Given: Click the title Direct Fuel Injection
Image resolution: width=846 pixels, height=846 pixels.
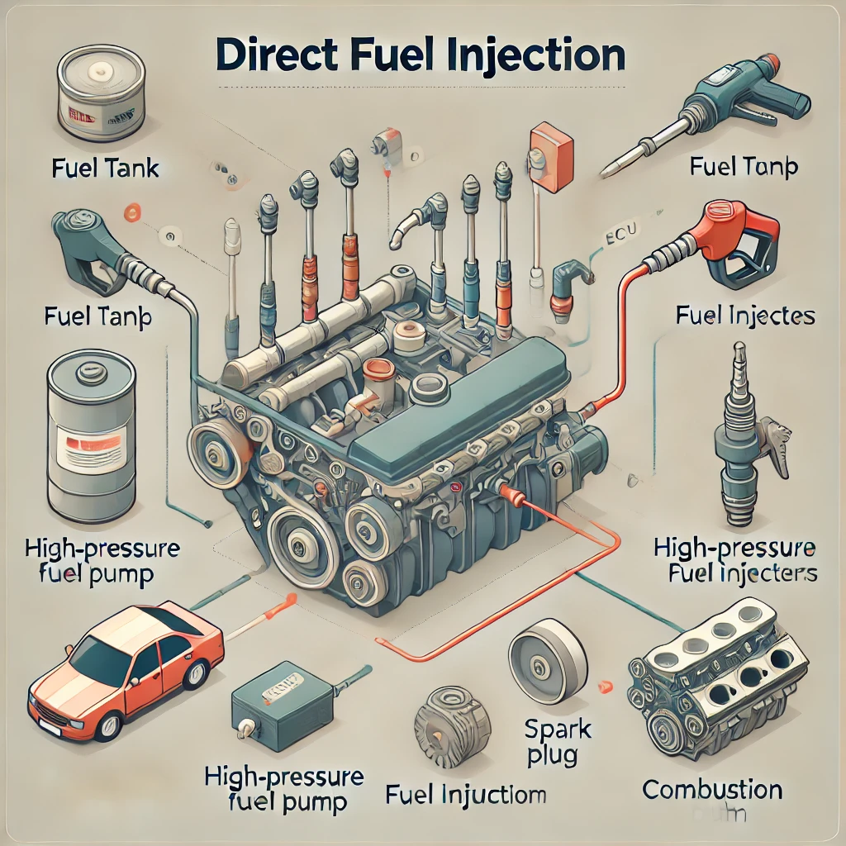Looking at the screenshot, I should coord(422,55).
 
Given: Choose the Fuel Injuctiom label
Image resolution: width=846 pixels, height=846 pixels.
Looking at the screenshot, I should coord(466,796).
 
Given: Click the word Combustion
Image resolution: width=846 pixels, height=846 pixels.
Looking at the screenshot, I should coord(711,789).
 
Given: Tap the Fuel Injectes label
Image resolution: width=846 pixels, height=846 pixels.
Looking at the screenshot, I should coord(744,316).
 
